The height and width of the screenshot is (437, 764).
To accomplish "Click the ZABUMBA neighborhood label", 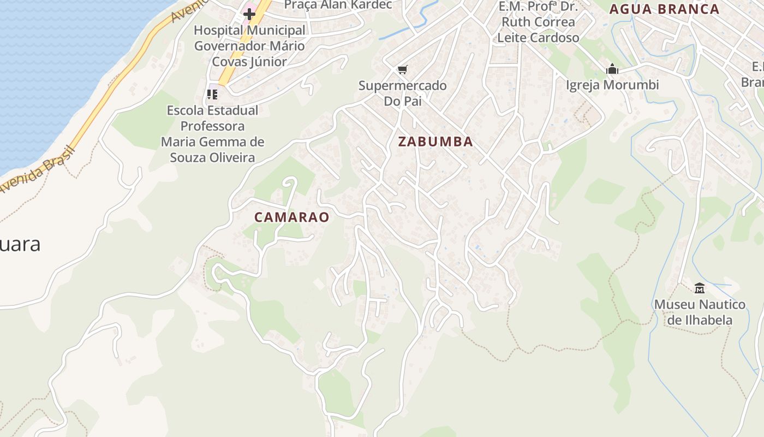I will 435,141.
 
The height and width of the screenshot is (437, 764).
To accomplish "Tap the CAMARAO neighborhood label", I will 291,217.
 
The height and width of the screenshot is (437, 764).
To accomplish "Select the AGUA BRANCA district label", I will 664,9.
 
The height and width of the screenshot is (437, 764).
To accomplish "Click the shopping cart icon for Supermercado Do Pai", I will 402,69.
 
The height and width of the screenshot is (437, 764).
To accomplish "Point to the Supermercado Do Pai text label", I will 402,93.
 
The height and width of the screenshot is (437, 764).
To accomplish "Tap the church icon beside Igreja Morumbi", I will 612,69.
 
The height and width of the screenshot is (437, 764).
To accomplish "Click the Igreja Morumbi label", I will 612,85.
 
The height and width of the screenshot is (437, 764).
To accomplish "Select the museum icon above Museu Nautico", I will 699,287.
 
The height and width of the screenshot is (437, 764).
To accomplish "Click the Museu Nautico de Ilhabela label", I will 699,312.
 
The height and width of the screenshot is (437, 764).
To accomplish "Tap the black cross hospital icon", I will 249,14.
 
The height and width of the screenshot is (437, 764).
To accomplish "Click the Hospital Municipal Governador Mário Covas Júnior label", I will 249,46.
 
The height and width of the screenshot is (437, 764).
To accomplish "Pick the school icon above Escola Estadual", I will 212,95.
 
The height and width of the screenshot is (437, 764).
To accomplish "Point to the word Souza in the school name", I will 188,158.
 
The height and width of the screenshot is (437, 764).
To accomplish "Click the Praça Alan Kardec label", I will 338,5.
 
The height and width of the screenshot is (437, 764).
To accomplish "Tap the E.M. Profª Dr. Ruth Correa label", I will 538,15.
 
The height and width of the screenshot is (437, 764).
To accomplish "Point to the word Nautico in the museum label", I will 717,304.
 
